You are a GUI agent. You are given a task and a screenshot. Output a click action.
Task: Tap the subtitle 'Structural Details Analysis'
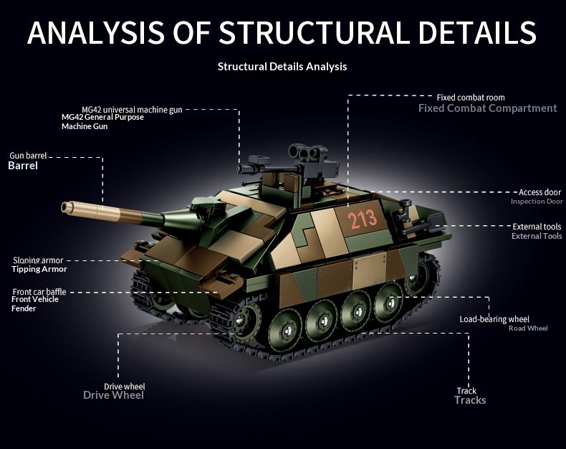point(282,67)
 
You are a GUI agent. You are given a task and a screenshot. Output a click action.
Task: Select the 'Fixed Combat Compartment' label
point(487,108)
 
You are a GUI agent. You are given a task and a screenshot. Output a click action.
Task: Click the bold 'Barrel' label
point(22,166)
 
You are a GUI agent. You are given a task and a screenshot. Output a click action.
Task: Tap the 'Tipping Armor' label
point(39,270)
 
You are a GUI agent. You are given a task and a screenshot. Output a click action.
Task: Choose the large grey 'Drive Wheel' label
point(113,395)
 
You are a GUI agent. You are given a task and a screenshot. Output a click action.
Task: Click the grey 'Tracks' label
point(469,400)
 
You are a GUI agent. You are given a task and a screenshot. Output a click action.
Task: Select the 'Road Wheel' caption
point(527,329)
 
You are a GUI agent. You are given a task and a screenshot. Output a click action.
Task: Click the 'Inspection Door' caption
point(536,202)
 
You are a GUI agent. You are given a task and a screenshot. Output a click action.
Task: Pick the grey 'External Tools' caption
point(537,237)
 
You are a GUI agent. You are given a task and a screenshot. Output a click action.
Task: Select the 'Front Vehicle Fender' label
point(36,303)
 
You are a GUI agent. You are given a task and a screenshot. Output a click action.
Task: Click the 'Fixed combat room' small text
point(471,98)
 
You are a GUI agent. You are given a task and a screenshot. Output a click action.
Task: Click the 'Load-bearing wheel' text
point(494,319)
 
